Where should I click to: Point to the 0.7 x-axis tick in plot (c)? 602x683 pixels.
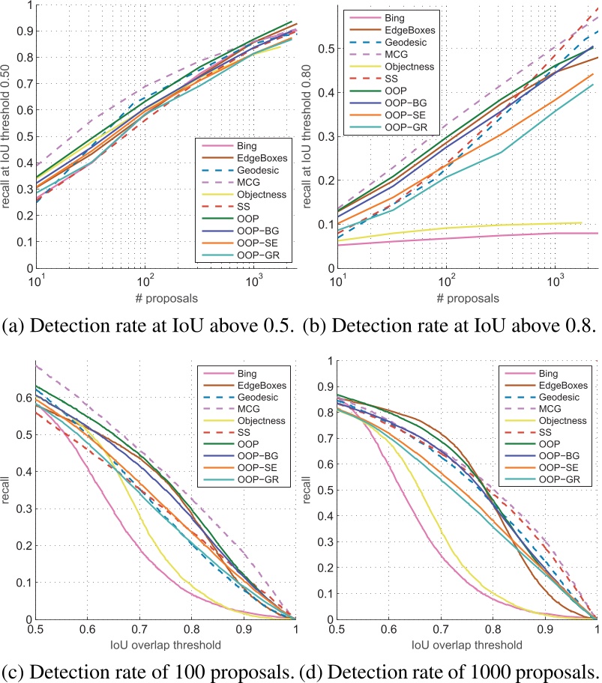pyautogui.click(x=139, y=631)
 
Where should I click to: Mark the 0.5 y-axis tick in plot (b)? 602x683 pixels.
pyautogui.click(x=325, y=49)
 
